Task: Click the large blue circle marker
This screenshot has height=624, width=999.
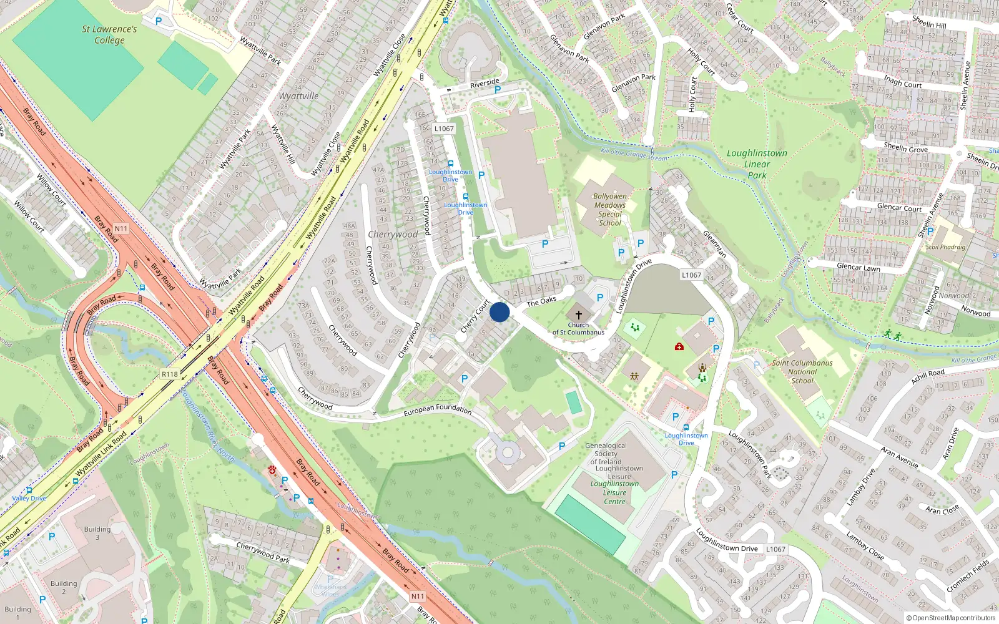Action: click(x=499, y=312)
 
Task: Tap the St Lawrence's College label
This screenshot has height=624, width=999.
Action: click(x=109, y=35)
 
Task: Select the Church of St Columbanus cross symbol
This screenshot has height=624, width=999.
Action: click(x=579, y=315)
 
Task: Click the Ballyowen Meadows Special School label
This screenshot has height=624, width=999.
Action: click(x=610, y=210)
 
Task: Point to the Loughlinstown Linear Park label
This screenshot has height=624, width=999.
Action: click(x=757, y=164)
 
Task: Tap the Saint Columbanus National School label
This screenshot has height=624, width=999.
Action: click(x=802, y=371)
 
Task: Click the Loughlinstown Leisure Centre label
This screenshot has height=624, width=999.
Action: click(x=614, y=492)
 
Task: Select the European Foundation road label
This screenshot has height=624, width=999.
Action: click(x=437, y=409)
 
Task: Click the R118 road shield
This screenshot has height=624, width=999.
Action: click(x=170, y=374)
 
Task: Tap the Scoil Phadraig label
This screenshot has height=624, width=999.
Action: click(x=945, y=247)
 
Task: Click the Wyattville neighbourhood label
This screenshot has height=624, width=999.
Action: click(x=298, y=96)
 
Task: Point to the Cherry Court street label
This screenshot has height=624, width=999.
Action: click(x=475, y=316)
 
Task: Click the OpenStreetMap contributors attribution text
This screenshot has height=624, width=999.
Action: click(x=951, y=618)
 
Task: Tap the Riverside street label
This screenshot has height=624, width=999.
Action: click(x=485, y=83)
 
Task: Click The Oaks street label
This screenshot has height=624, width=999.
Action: click(x=541, y=301)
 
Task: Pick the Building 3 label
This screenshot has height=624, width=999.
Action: click(x=97, y=533)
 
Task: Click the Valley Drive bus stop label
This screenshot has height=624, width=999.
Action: click(x=29, y=499)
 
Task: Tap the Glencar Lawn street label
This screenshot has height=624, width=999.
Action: click(x=858, y=267)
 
